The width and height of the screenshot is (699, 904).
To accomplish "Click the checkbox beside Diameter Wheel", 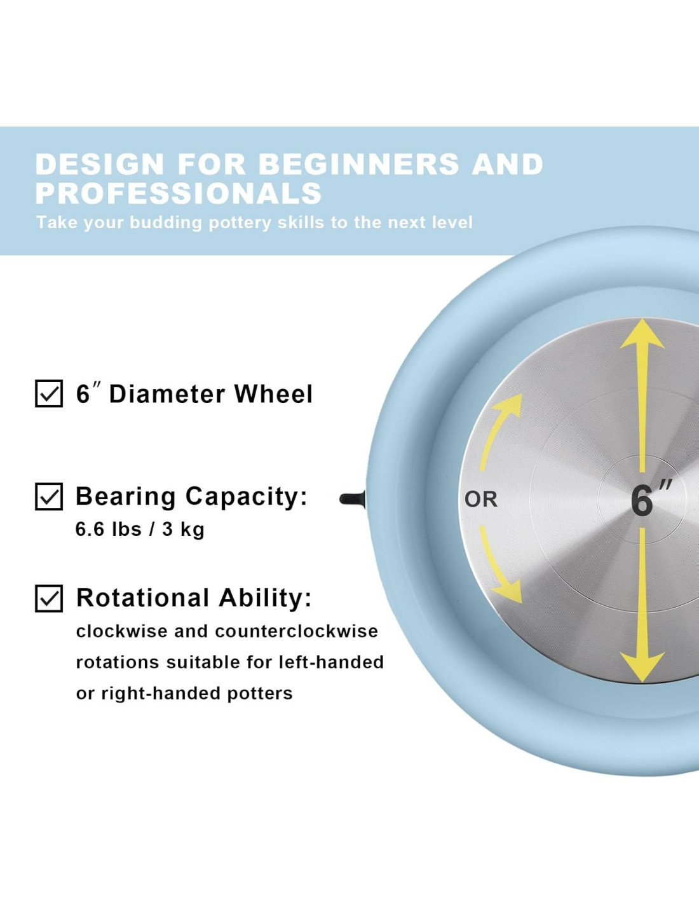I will (49, 394).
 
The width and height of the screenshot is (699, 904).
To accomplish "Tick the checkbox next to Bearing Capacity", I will (49, 497).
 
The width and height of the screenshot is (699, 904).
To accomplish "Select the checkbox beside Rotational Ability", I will (49, 598).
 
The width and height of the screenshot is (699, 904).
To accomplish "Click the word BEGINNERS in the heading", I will (358, 164).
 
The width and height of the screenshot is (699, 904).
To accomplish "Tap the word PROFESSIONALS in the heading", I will (179, 193).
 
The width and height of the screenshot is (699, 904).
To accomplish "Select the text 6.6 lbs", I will (108, 529).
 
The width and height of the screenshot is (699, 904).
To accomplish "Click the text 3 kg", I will (183, 530).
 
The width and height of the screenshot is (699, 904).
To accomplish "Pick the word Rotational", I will (143, 598).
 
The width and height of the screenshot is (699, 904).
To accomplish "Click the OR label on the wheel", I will (481, 500).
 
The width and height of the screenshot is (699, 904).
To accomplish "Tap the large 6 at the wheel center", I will (642, 500).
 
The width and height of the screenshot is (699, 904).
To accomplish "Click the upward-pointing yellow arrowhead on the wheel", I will (642, 335).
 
